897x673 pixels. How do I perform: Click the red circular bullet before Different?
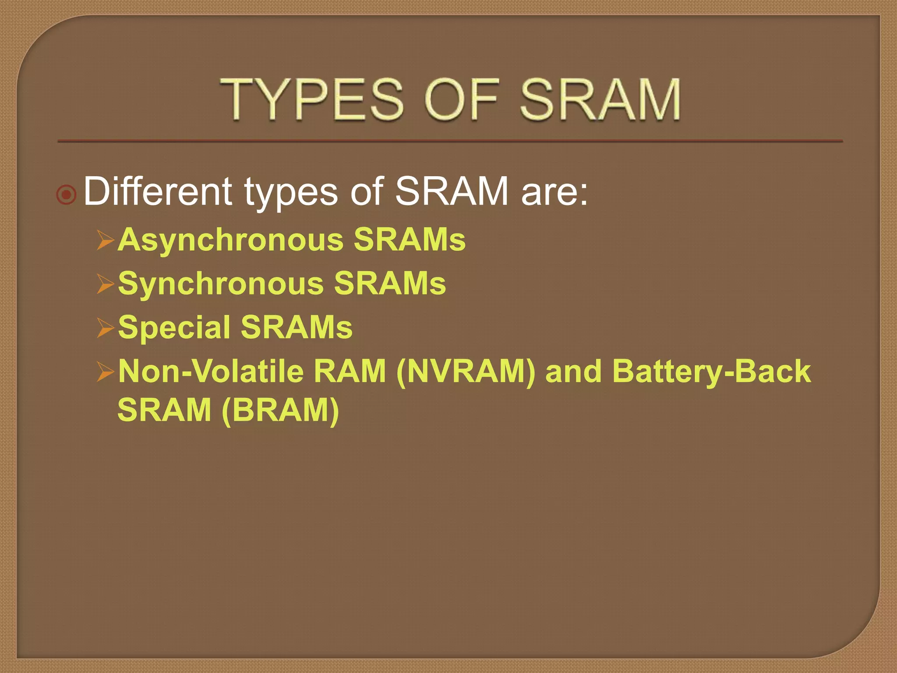67,194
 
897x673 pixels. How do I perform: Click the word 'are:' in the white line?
554,192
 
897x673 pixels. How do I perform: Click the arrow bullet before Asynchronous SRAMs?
106,240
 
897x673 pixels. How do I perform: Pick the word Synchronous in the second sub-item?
221,284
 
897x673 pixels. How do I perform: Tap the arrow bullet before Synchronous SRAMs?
106,284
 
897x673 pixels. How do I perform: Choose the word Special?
174,328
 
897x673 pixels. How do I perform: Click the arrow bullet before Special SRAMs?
106,328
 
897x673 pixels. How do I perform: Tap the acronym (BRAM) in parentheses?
280,411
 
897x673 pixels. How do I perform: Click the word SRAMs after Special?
297,328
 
